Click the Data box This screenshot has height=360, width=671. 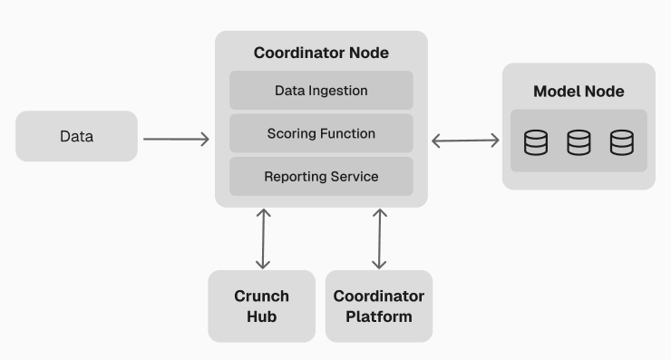click(76, 137)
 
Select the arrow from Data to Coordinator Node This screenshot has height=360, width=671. click(176, 139)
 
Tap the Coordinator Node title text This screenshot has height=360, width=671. click(321, 53)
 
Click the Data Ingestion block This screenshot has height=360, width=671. click(321, 91)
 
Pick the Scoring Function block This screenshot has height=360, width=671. click(321, 133)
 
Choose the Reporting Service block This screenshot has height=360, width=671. click(321, 176)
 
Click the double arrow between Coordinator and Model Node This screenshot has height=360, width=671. click(465, 140)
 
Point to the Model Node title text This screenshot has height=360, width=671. click(579, 92)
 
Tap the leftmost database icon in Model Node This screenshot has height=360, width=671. click(536, 142)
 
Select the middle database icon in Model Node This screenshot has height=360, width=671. click(579, 142)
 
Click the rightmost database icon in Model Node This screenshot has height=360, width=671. click(621, 142)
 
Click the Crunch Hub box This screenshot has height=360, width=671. click(261, 306)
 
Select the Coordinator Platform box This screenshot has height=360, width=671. click(379, 306)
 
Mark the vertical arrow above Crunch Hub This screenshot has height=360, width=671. click(263, 238)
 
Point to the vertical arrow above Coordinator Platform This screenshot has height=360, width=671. click(380, 238)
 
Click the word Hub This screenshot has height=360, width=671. click(261, 317)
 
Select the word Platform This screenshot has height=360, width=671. click(379, 317)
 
